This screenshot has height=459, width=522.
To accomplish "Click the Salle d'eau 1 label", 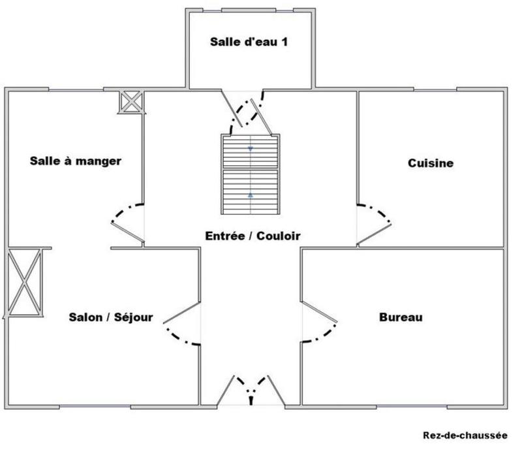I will [x=249, y=42].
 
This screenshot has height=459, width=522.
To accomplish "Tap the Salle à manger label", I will [x=76, y=161].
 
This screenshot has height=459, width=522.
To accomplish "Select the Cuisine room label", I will [x=430, y=163].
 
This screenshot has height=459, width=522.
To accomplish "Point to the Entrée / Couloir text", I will [x=253, y=236].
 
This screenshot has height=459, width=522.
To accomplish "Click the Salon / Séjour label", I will [x=111, y=317].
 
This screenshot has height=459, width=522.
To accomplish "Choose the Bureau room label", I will [x=401, y=317].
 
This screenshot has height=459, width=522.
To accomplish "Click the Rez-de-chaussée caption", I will [x=465, y=435].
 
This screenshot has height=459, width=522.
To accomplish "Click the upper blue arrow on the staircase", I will [x=251, y=149].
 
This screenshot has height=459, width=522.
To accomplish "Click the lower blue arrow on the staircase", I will [x=251, y=194].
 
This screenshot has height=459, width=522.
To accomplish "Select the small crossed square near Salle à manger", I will [x=131, y=102].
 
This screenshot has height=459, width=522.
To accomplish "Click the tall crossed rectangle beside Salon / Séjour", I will [x=24, y=282].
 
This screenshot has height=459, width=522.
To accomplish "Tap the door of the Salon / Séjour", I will [x=182, y=324].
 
